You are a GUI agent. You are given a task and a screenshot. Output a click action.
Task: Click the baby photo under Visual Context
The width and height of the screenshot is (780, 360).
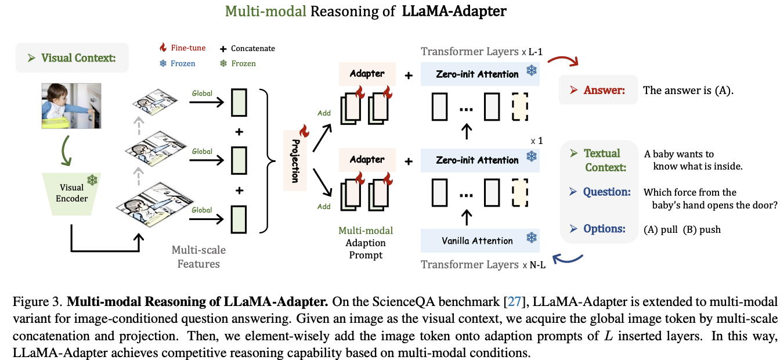pos(71,105)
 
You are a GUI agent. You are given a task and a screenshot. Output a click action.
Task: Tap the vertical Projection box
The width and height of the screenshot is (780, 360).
pos(295,161)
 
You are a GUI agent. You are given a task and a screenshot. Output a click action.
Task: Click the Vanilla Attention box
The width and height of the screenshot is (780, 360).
pos(477,241)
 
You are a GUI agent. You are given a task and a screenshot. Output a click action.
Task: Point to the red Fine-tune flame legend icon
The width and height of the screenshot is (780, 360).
pos(163,48)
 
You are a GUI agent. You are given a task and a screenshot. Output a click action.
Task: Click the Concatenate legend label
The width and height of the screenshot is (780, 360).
pos(253,49)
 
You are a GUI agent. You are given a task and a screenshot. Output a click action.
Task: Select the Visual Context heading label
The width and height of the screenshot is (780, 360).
pos(78,58)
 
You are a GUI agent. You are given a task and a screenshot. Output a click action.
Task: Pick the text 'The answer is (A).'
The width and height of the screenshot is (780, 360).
pos(688,91)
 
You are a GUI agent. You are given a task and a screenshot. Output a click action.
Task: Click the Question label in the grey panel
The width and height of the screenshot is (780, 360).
pos(607,192)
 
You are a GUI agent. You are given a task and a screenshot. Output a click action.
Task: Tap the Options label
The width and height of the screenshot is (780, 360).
pos(605,229)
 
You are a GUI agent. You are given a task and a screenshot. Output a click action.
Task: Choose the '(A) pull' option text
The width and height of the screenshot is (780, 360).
pos(661,229)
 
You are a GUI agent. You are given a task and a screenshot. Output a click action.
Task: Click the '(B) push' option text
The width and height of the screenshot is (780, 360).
pos(702,229)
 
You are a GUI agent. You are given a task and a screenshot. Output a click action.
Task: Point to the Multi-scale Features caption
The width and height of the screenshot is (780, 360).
pos(198,257)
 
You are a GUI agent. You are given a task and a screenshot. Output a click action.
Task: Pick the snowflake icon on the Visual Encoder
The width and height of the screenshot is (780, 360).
pos(92,180)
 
